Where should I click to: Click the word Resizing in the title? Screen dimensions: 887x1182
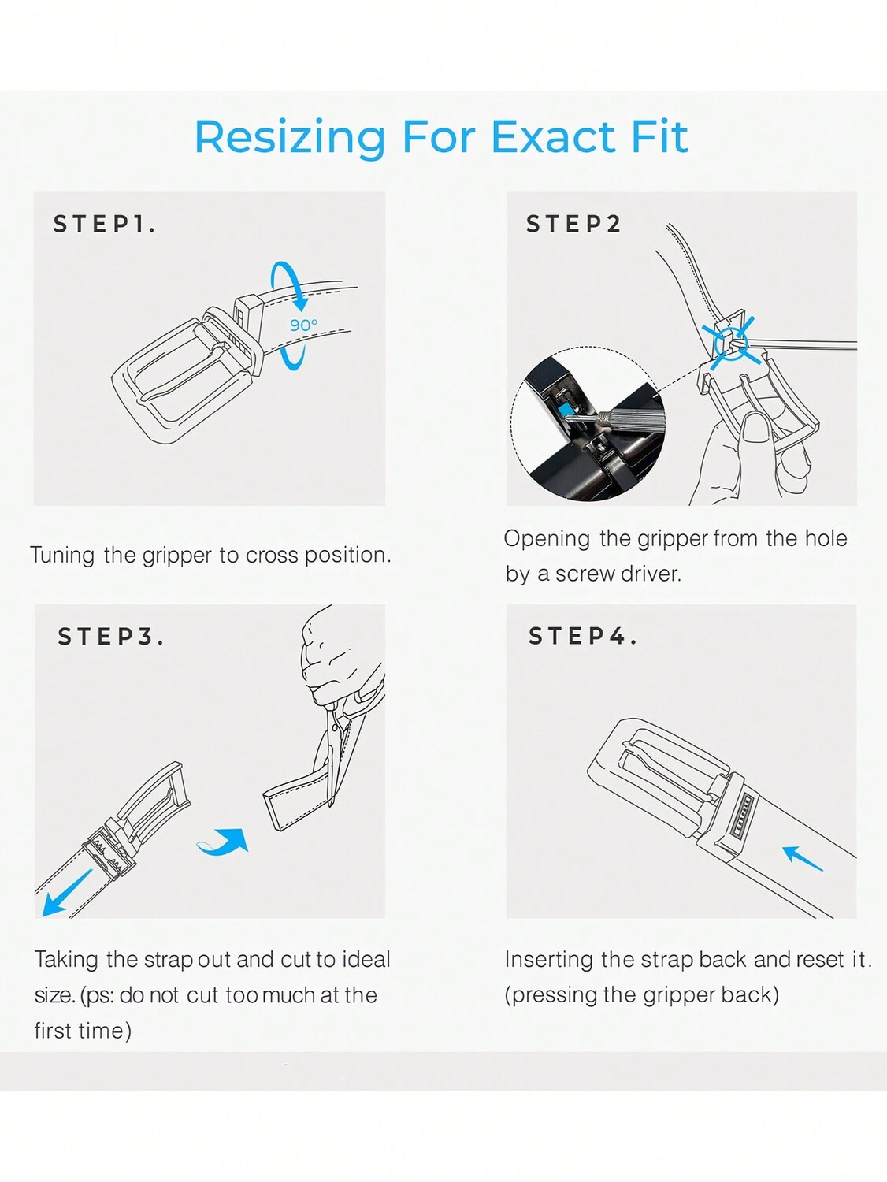click(x=290, y=139)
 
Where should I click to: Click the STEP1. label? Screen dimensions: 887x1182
click(x=104, y=224)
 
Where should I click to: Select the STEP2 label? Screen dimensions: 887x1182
click(x=573, y=224)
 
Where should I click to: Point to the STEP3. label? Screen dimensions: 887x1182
click(x=110, y=637)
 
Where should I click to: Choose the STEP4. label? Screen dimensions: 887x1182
click(x=582, y=636)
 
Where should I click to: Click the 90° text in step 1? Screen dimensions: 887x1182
click(x=303, y=325)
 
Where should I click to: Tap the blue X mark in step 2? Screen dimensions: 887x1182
click(x=732, y=343)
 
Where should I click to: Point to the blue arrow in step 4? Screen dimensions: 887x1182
click(x=802, y=858)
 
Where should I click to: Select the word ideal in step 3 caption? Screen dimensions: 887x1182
click(x=366, y=960)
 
